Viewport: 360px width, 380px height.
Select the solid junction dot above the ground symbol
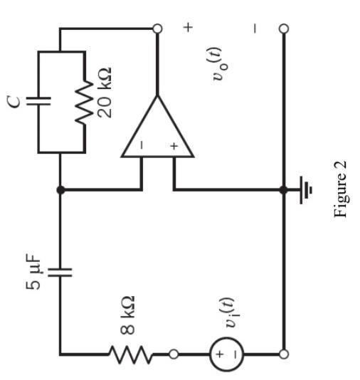(284, 190)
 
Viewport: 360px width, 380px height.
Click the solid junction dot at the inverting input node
(60, 190)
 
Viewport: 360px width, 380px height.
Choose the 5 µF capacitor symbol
(60, 271)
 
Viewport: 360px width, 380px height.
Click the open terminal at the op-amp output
(157, 29)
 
